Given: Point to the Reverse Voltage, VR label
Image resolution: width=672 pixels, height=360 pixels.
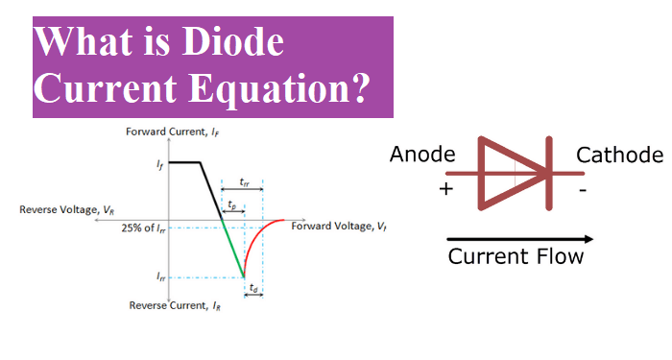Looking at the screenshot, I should point(68,209).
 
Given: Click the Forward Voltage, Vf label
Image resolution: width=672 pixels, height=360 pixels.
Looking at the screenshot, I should point(340,227).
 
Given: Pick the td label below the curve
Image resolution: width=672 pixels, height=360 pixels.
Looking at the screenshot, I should point(253,287).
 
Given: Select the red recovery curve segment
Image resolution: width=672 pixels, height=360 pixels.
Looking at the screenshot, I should point(257,240).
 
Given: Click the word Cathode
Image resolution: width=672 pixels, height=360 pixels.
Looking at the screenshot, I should point(619,155).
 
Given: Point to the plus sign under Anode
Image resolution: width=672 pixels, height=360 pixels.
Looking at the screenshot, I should point(444,189).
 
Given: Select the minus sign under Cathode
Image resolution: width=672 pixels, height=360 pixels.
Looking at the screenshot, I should point(582,190).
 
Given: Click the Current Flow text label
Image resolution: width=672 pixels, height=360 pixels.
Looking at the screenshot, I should point(516,257).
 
